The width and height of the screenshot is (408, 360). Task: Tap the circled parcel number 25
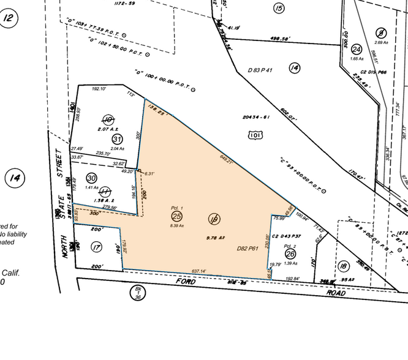[x=177, y=216]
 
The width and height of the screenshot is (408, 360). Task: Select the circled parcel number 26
[x=290, y=253]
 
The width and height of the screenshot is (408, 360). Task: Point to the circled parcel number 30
[x=91, y=178]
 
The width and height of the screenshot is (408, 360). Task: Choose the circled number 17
[x=96, y=247]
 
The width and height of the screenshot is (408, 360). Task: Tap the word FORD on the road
[x=186, y=281]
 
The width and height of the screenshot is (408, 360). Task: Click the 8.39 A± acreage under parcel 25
[x=176, y=226]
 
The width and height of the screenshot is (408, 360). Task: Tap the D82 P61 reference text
[x=249, y=249]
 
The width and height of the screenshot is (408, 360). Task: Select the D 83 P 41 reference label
[x=261, y=70]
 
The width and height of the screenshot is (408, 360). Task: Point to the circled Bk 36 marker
[x=138, y=293]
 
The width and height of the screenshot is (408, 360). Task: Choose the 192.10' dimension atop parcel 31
[x=99, y=89]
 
